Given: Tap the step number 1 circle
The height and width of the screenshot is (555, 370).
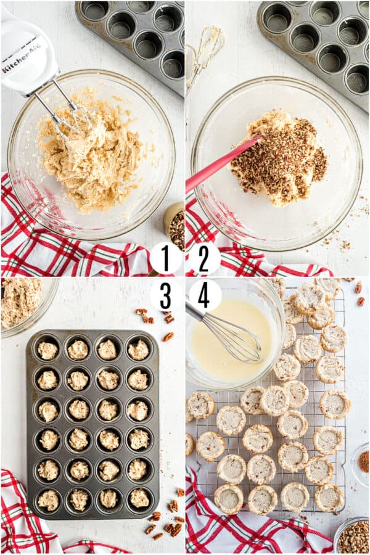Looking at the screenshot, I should pos(165,257).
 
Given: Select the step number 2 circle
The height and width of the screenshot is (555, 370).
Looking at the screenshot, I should pos(204,257).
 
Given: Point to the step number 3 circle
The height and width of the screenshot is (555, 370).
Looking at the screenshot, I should pos(165,295).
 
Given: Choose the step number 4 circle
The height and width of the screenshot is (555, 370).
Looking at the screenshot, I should pos(204,295).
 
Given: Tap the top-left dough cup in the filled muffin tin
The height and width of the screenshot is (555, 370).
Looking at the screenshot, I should pos(47,350).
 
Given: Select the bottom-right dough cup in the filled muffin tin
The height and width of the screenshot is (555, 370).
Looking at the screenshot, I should pos(139,498).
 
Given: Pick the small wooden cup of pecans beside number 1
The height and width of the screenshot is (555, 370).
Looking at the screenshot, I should pos(175,225).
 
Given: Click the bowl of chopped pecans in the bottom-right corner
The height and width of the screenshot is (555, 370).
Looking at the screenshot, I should pos(353,536).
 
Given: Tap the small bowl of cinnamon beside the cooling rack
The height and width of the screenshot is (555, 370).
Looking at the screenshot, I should pos(363,461).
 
